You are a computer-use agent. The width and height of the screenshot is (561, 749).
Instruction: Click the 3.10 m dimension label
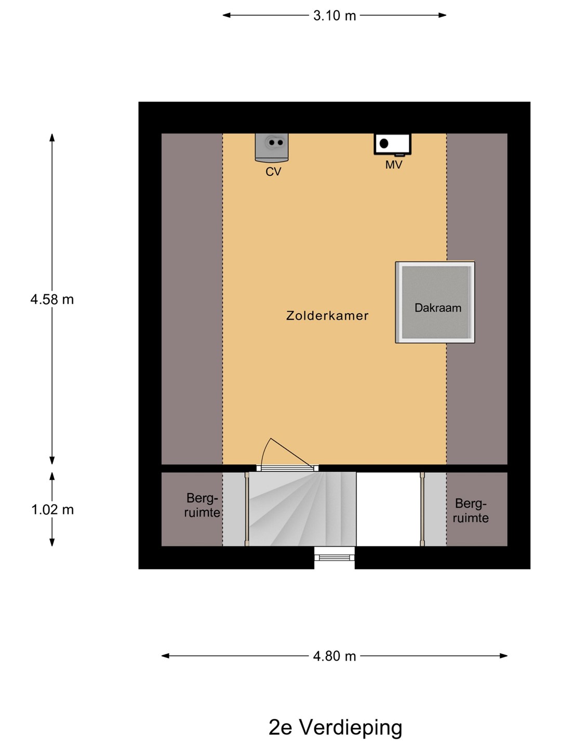click(334, 16)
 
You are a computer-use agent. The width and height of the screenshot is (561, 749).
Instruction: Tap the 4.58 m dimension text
click(52, 299)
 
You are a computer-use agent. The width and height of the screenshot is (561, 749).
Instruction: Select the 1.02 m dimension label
click(52, 510)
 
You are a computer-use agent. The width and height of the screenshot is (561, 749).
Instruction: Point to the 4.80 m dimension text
click(334, 656)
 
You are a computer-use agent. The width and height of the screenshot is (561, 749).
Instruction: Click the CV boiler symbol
click(272, 147)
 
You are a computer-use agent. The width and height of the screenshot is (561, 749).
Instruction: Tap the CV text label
click(273, 172)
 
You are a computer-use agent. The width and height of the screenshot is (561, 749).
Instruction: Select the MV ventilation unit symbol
click(392, 145)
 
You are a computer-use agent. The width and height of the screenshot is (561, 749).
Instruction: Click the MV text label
click(394, 165)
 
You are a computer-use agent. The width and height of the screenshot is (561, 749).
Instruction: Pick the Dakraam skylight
click(435, 302)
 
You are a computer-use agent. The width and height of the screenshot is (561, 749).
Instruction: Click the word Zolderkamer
click(327, 316)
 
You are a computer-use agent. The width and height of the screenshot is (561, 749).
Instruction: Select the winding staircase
click(302, 509)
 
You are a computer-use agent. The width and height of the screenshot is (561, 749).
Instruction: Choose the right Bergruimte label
click(471, 511)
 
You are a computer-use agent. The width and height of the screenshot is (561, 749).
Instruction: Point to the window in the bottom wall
click(334, 557)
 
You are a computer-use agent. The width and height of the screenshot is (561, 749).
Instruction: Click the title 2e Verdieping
click(336, 727)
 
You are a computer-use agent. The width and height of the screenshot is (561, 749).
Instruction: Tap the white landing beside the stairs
click(389, 509)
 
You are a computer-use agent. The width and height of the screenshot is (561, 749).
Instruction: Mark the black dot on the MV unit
click(384, 144)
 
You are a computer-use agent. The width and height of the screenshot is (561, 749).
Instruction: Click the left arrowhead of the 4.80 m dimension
click(165, 656)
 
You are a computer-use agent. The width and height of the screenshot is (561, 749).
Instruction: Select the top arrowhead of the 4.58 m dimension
click(52, 137)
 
